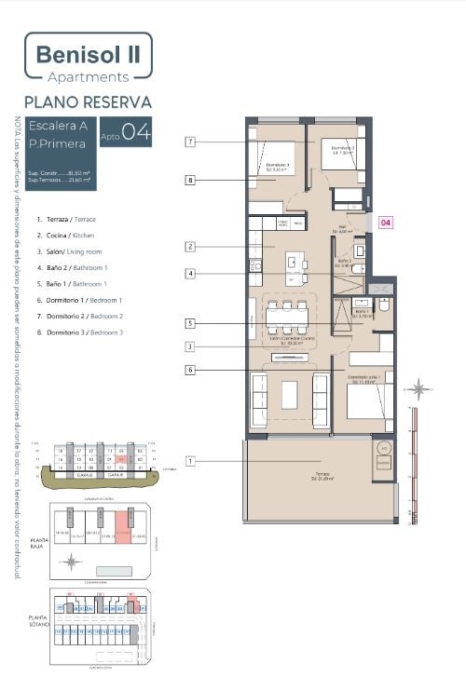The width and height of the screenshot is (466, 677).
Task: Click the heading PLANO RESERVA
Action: [88, 102]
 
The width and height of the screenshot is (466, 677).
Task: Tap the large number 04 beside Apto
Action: [136, 131]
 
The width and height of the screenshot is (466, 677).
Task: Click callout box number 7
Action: [189, 142]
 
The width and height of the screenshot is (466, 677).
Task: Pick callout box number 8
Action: [189, 180]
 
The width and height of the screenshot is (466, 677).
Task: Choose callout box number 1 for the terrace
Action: [189, 461]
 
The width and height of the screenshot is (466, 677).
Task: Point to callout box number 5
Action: [189, 324]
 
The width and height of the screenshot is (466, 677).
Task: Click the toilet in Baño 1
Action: [383, 306]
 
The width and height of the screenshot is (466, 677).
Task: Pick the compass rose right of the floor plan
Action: [420, 388]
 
